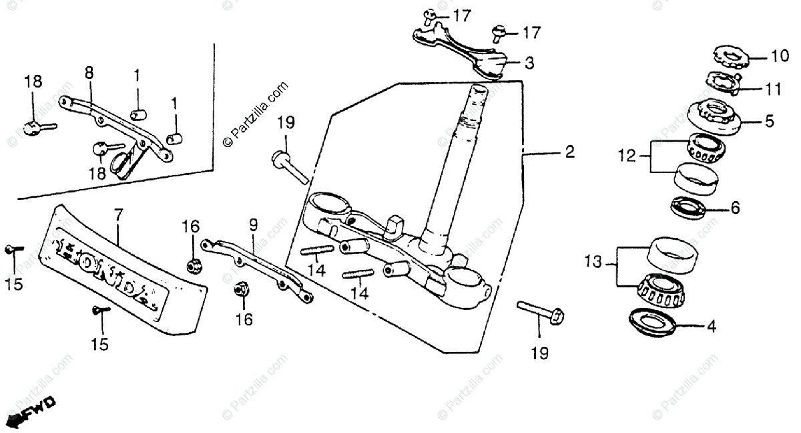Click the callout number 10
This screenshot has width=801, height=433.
click(x=761, y=56)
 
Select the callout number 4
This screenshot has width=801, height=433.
click(x=712, y=327)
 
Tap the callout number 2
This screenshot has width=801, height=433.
click(x=569, y=153)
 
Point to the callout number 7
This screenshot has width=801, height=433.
click(x=118, y=216)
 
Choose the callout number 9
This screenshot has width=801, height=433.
click(x=254, y=226)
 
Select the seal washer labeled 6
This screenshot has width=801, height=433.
click(x=689, y=207)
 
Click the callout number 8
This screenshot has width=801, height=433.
click(x=89, y=72)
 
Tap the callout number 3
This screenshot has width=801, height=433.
click(x=529, y=63)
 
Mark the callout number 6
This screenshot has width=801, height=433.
click(x=735, y=208)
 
